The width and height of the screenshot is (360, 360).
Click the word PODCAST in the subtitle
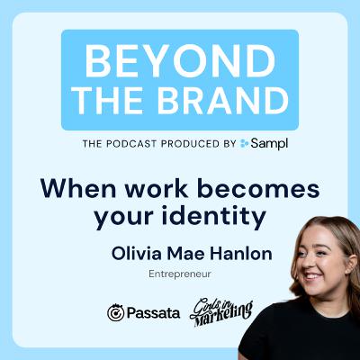pos(128,141)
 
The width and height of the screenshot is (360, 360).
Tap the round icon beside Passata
pos(115,312)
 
